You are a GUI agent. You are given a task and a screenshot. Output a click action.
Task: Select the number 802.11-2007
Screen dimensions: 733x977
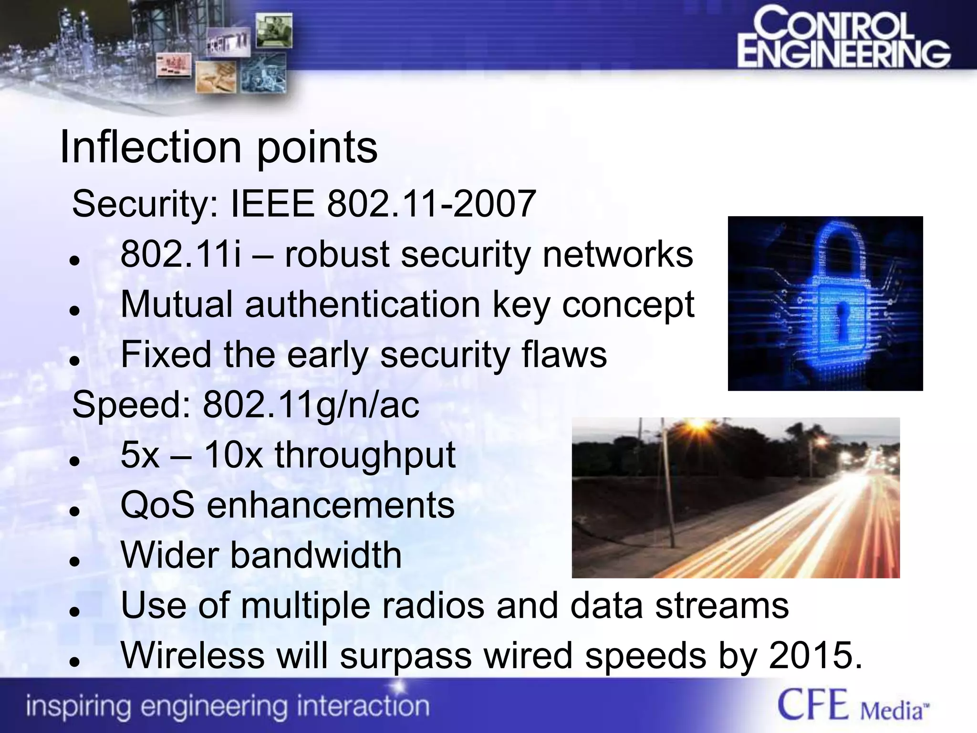tap(431, 204)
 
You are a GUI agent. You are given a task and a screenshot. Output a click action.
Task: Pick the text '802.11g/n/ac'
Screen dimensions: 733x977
tap(311, 405)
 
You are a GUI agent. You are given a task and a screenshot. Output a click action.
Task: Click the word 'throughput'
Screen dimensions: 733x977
tap(365, 455)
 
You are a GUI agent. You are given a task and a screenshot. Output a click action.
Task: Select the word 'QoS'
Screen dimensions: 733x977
tap(157, 505)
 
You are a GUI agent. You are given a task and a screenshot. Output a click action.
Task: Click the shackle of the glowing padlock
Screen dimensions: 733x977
tap(839, 248)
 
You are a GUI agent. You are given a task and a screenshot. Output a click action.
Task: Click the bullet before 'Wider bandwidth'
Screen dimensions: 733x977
tap(73, 561)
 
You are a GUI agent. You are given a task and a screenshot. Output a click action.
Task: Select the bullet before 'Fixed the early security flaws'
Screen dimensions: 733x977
tap(73, 361)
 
